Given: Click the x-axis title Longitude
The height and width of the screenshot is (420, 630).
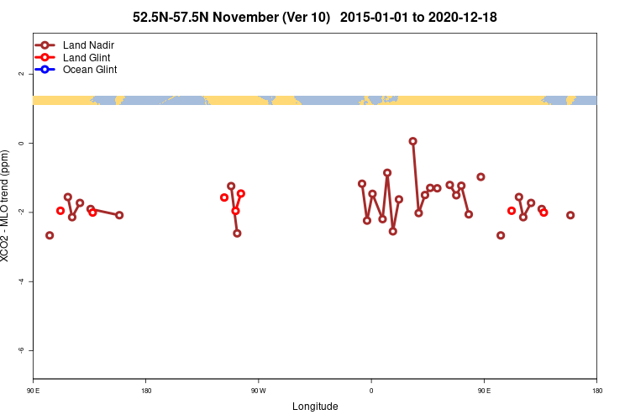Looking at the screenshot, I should point(315,407).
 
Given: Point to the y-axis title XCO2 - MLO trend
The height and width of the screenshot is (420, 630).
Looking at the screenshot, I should point(6,206).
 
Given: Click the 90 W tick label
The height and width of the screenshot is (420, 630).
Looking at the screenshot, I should point(258,390).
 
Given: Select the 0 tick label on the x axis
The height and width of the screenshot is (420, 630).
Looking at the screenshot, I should point(371,390).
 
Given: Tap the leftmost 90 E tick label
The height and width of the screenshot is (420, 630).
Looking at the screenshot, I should point(33,390).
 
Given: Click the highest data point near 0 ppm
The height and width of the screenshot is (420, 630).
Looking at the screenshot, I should point(412,141).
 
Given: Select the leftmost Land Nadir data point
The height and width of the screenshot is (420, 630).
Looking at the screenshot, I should point(50,235).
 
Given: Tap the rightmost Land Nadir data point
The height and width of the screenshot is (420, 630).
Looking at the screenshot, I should point(570,215).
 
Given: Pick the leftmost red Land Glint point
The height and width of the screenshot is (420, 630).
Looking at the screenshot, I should point(60,211).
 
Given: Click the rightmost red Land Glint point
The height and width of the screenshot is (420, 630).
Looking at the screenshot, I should point(543,213).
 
